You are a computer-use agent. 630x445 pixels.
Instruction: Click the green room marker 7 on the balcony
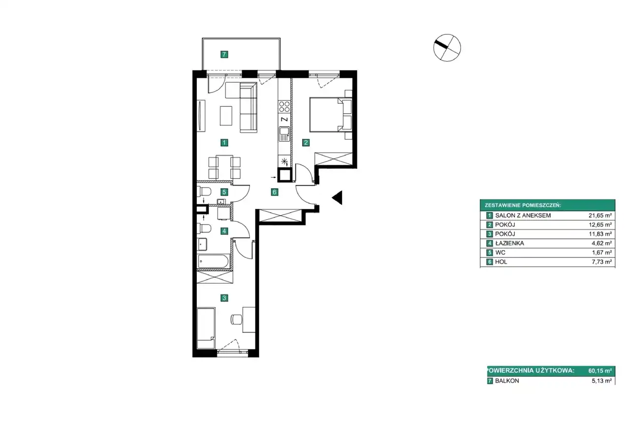[224, 54]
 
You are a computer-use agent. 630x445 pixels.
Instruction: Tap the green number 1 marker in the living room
[224, 143]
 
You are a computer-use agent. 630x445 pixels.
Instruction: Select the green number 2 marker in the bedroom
[306, 143]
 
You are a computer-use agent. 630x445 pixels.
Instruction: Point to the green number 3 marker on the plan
[224, 298]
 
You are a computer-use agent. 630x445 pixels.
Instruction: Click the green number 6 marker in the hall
[275, 192]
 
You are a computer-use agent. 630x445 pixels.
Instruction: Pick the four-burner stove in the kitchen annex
[284, 107]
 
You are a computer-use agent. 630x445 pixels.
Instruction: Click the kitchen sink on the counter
[284, 134]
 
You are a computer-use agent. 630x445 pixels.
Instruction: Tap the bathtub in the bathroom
[214, 261]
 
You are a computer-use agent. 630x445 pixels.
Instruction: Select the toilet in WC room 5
[204, 192]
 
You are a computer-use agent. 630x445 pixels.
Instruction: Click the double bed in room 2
[330, 115]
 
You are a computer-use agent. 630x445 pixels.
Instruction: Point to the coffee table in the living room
[226, 116]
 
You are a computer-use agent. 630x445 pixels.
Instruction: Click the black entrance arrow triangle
[337, 197]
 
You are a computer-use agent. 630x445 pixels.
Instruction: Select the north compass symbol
[447, 48]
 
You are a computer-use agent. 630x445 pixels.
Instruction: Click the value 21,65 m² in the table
[600, 216]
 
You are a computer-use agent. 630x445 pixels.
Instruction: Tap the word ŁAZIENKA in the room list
[509, 243]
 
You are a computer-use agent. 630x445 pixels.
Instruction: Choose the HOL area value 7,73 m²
[602, 262]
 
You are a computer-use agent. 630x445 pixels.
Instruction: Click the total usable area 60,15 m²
[600, 371]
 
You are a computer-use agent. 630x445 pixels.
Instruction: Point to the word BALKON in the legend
[507, 381]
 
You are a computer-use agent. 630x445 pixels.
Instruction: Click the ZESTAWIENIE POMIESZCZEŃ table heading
[523, 205]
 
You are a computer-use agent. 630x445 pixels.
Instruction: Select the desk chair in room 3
[237, 319]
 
